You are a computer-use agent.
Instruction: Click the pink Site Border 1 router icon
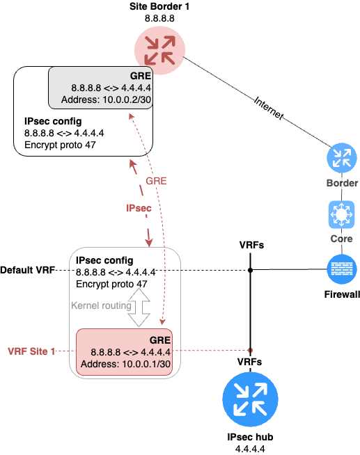tap(159, 50)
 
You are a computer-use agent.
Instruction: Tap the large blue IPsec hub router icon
tap(250, 399)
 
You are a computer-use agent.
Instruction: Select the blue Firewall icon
tap(341, 269)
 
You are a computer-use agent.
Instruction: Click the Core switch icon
tap(341, 215)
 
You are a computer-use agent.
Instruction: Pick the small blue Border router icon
tap(342, 158)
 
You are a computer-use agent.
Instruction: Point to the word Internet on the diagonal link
tap(269, 109)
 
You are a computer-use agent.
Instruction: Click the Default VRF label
tap(28, 270)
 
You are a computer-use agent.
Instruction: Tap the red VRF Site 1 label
tap(31, 351)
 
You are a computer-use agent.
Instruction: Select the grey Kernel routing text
tap(101, 305)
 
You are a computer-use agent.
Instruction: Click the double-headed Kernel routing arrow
tap(139, 308)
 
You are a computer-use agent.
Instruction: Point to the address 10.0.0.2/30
tap(127, 99)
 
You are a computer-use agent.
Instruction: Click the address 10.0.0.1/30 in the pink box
tap(146, 364)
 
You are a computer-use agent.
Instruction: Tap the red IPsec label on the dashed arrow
tap(139, 208)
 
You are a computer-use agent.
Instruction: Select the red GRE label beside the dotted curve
tap(156, 181)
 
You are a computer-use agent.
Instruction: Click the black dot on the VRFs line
tap(250, 270)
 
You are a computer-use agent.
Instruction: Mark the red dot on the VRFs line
tap(250, 350)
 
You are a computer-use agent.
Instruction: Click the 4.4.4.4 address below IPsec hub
tap(250, 449)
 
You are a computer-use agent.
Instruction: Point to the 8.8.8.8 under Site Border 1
tap(159, 18)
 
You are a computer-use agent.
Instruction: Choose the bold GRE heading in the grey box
tap(141, 76)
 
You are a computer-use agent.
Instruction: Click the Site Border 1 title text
tap(159, 6)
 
